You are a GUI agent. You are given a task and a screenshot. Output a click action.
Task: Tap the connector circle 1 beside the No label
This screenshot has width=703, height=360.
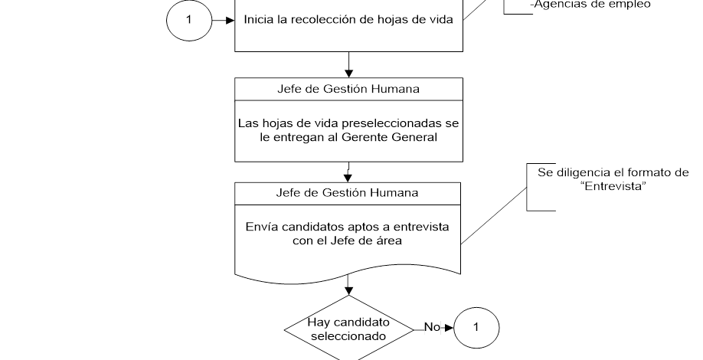coord(476,328)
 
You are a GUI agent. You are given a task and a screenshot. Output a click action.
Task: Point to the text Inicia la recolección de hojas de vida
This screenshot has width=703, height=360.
coord(348,21)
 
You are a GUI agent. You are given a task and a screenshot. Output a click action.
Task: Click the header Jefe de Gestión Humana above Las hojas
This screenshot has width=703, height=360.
coord(348,89)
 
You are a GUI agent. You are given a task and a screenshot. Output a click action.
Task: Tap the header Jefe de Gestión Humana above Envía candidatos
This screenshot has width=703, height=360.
coord(348,192)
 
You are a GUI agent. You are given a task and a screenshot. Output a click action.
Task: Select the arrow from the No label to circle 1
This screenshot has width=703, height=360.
coord(446,328)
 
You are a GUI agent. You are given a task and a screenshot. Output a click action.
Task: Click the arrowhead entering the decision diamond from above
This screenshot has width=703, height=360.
coord(348,290)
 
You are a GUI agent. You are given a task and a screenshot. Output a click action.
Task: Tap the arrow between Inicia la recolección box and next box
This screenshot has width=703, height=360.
coord(348,64)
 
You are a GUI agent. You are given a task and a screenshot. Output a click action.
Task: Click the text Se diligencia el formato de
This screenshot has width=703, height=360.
coord(613,172)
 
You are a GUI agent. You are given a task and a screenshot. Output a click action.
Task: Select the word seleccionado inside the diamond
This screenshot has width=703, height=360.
coord(348,335)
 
